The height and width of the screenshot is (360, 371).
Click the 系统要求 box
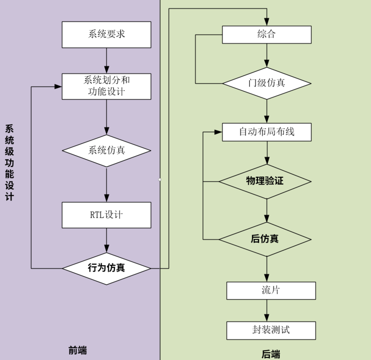pyautogui.click(x=106, y=35)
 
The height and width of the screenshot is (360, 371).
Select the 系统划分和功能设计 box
pyautogui.click(x=106, y=86)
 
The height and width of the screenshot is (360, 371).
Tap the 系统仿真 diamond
pyautogui.click(x=106, y=150)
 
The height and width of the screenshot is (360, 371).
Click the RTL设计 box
pyautogui.click(x=106, y=215)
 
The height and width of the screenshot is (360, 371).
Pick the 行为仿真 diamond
pyautogui.click(x=106, y=268)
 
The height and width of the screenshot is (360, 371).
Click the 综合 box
pyautogui.click(x=266, y=35)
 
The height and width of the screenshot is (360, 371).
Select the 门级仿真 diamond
pyautogui.click(x=266, y=83)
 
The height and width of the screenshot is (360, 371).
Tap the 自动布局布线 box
pyautogui.click(x=266, y=132)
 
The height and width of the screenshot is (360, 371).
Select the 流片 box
pyautogui.click(x=271, y=291)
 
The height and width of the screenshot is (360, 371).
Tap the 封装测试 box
pyautogui.click(x=271, y=330)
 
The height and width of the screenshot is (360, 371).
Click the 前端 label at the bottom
pyautogui.click(x=78, y=350)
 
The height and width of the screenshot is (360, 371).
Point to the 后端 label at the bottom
pyautogui.click(x=271, y=354)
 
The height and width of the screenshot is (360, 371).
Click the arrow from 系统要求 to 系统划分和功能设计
pyautogui.click(x=106, y=60)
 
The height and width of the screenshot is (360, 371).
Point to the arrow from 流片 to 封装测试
pyautogui.click(x=266, y=310)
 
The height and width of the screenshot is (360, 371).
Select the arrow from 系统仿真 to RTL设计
pyautogui.click(x=106, y=184)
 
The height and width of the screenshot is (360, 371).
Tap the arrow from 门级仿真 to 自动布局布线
pyautogui.click(x=266, y=111)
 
